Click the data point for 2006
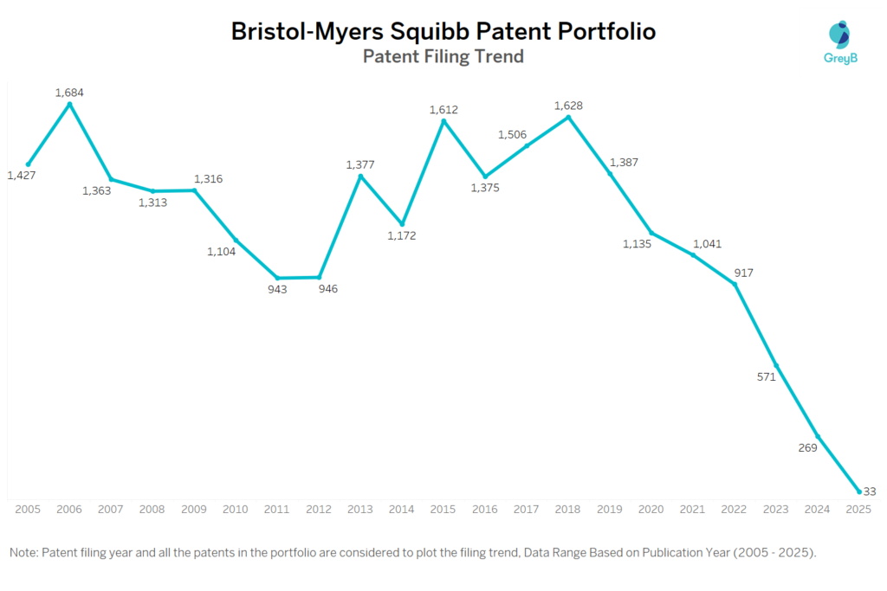coord(69,105)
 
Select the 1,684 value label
coord(69,93)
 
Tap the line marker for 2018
coord(568,117)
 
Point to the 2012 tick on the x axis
coord(319,510)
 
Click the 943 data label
coord(277,289)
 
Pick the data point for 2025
coord(858,491)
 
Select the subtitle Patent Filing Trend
coord(443,57)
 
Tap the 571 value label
coord(766,376)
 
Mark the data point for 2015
coord(443,122)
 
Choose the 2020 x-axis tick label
coord(651,510)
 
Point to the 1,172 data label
coord(401,235)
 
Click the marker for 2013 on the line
coord(360,177)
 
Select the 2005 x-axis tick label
coord(28,510)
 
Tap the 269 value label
coord(807,447)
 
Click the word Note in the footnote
coord(24,552)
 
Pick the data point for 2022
coord(735,284)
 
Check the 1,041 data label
coord(707,244)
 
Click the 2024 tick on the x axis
coord(817,510)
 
